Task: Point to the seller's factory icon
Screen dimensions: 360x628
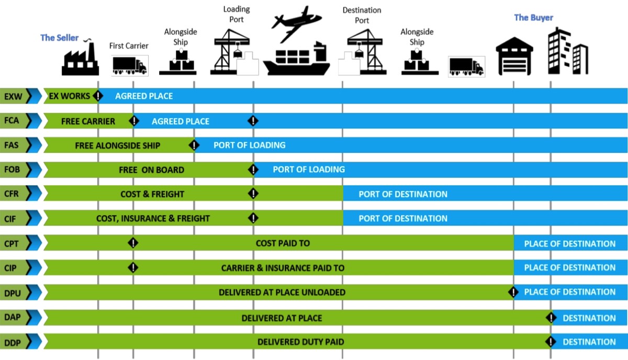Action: [80, 59]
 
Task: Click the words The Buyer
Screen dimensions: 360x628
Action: [533, 17]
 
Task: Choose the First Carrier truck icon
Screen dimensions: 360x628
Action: [129, 66]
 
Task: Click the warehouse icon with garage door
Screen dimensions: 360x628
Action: [514, 55]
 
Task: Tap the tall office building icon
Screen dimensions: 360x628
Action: [567, 51]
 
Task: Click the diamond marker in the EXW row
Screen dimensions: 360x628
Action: [98, 96]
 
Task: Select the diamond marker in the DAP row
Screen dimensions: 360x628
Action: [551, 318]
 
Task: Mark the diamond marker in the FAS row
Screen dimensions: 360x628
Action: [194, 145]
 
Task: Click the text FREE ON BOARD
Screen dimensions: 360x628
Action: [151, 170]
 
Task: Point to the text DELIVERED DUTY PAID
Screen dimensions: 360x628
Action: [300, 342]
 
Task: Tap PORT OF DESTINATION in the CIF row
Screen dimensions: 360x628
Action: [403, 218]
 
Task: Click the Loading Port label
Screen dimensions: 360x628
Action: [237, 14]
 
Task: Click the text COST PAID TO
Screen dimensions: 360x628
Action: [283, 243]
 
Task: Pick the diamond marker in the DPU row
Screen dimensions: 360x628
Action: [513, 292]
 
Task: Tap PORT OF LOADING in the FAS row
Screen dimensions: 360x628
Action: [249, 145]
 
